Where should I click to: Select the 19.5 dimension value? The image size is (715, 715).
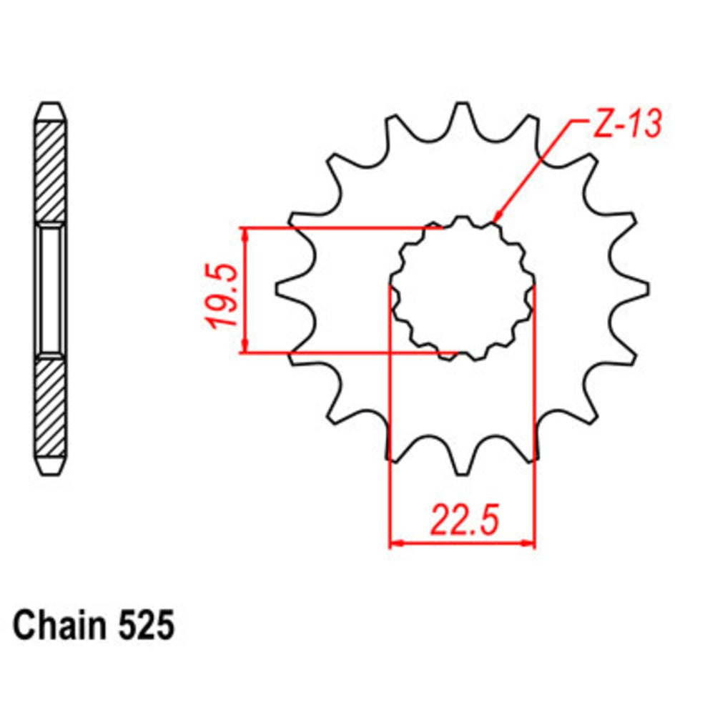point(221,295)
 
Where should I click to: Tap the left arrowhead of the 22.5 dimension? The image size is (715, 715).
point(395,543)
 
